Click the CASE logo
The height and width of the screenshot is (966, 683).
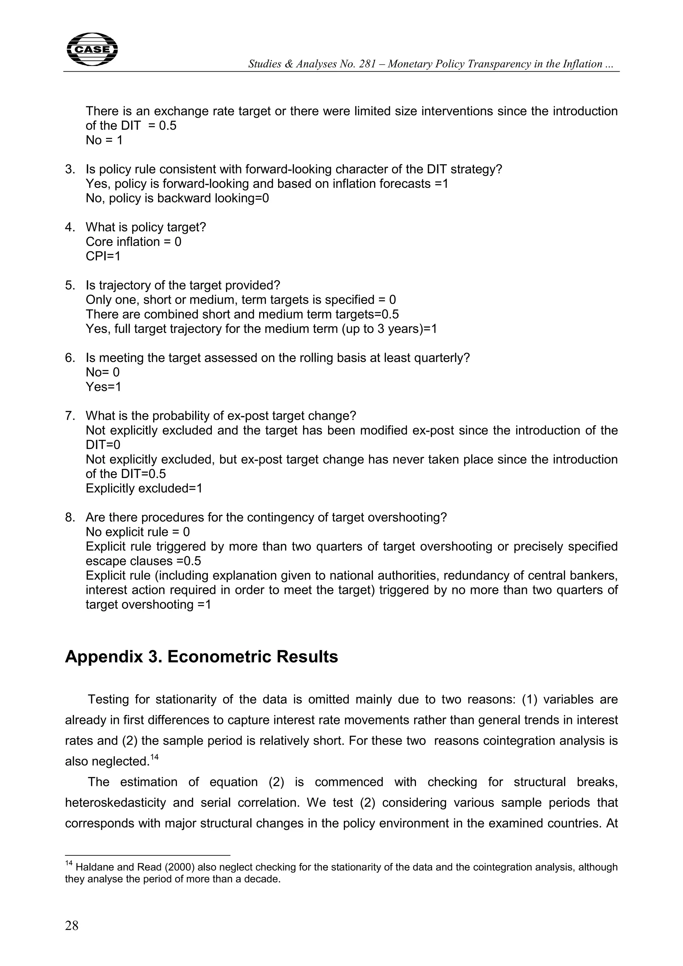pyautogui.click(x=92, y=50)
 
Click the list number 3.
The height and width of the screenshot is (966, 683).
pyautogui.click(x=69, y=170)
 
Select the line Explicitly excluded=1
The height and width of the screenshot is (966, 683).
pyautogui.click(x=144, y=488)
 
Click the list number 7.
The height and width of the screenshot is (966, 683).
pyautogui.click(x=69, y=416)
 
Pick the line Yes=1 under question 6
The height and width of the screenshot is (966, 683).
pyautogui.click(x=103, y=387)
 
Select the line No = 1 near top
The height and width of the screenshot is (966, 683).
pyautogui.click(x=104, y=140)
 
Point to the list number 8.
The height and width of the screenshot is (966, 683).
pyautogui.click(x=69, y=517)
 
